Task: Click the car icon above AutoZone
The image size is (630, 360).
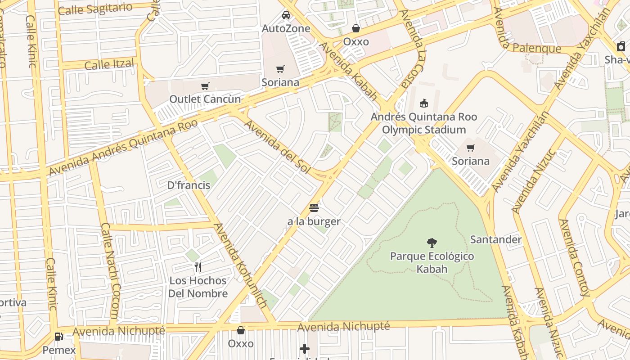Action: click(x=286, y=16)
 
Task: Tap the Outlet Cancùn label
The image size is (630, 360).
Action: click(x=205, y=99)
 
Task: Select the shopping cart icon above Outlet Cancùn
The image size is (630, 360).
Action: click(x=205, y=86)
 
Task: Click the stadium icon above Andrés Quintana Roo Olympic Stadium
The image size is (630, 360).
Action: click(x=423, y=103)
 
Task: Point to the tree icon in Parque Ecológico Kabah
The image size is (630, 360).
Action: click(x=432, y=243)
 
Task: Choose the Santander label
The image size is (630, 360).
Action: click(x=496, y=239)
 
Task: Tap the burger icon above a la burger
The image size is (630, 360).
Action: click(x=314, y=208)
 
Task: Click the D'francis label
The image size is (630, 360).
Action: click(x=189, y=185)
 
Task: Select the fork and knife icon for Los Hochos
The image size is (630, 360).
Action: click(x=198, y=267)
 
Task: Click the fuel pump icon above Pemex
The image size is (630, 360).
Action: click(x=58, y=336)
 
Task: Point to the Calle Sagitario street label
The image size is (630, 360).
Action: click(x=95, y=9)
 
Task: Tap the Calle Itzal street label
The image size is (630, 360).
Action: click(x=109, y=65)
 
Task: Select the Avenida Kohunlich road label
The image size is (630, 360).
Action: click(x=241, y=265)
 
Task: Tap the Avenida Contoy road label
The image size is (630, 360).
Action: click(x=574, y=257)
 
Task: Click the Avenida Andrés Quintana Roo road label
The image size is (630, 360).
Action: click(x=123, y=148)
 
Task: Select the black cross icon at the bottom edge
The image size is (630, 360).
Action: click(x=305, y=349)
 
